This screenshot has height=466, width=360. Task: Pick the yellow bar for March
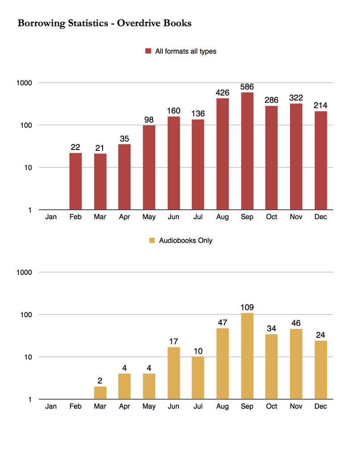pos(100,393)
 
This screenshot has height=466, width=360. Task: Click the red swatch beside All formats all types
pos(148,51)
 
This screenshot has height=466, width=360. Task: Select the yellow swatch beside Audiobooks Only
pos(152,241)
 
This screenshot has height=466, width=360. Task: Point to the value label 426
pos(222,93)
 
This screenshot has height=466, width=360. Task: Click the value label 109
pos(247,308)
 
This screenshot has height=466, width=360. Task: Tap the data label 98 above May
pos(149,120)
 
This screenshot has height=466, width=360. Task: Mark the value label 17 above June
pos(174,341)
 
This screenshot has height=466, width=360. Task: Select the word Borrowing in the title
pos(39,23)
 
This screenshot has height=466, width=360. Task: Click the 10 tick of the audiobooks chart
pos(26,357)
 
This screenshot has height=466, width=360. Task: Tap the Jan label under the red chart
pos(51,217)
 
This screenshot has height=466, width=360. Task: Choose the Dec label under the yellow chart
pos(320,407)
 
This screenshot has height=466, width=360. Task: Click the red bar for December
pos(320,160)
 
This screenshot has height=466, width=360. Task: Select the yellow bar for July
pos(198,378)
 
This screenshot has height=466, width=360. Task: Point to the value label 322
pos(296,98)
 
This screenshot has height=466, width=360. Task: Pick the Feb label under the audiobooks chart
pos(75,407)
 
